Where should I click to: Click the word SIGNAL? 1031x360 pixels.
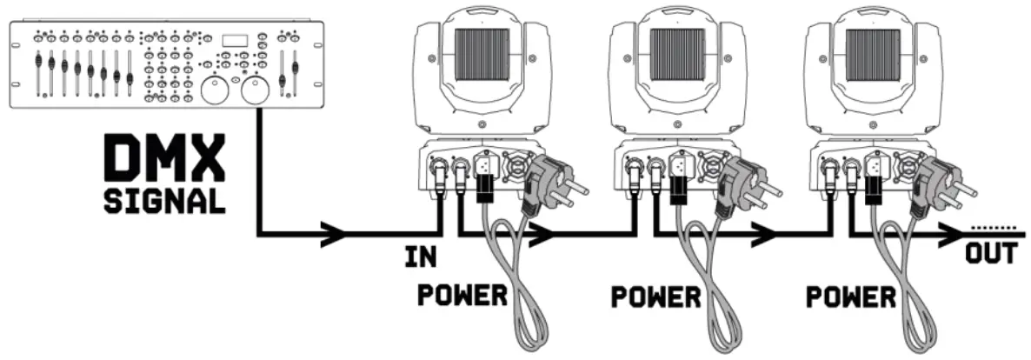click(163, 202)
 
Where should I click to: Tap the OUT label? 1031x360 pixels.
click(991, 255)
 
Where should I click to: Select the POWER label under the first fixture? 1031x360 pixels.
click(462, 297)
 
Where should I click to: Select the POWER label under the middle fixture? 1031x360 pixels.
click(655, 297)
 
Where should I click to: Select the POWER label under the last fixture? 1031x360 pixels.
click(851, 297)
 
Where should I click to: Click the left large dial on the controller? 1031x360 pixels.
click(214, 91)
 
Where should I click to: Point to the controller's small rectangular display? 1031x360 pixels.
click(235, 40)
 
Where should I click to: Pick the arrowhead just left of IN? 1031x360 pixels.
click(335, 233)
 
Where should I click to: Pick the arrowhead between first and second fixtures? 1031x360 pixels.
click(542, 233)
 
